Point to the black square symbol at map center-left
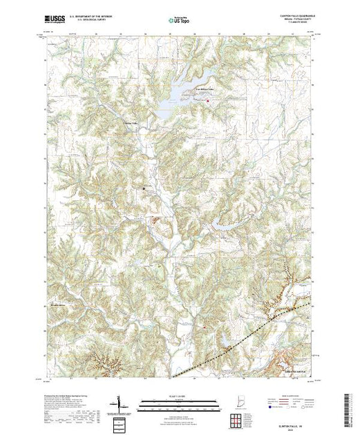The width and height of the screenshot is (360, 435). click(144, 187)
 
